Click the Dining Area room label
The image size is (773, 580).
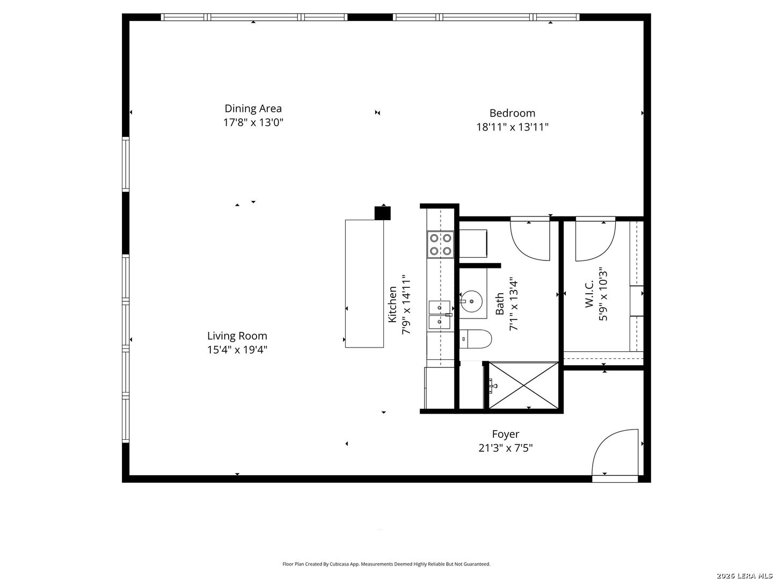tap(253, 108)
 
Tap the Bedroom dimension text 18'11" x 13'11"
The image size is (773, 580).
tap(512, 127)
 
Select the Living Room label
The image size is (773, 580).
tap(237, 336)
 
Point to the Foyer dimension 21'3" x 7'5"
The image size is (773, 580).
tap(505, 448)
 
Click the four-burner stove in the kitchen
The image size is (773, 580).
tap(440, 244)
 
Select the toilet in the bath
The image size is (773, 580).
tap(476, 339)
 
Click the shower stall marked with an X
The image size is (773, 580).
tap(523, 386)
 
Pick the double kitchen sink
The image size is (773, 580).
tap(440, 315)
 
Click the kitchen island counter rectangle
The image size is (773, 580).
tap(364, 284)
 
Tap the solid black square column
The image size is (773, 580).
tap(382, 213)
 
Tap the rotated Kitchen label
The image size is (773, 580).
tap(392, 305)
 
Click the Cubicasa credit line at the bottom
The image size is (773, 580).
tap(386, 564)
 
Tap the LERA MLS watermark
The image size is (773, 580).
tap(744, 576)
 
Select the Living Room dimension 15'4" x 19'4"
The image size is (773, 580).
tap(237, 350)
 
